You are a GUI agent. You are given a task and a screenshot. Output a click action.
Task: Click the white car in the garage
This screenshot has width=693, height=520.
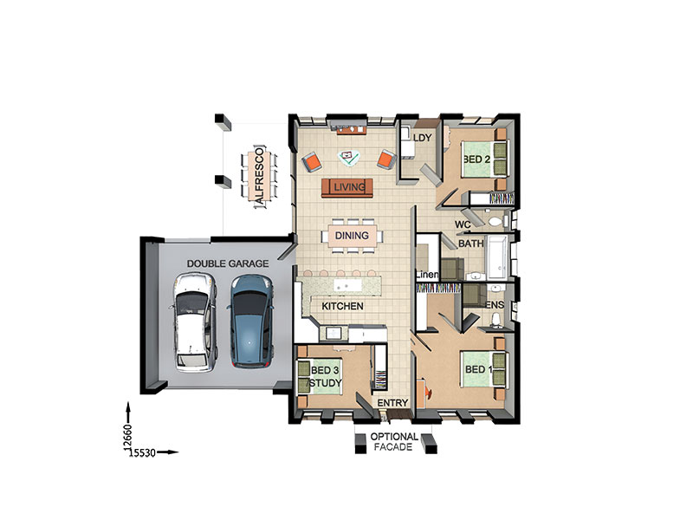click(195, 322)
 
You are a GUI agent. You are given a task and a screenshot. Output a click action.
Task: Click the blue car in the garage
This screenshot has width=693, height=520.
click(250, 322)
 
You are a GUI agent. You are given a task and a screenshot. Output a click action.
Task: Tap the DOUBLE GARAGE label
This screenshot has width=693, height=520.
click(228, 263)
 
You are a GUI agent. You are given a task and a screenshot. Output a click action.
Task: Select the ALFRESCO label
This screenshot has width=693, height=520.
click(259, 176)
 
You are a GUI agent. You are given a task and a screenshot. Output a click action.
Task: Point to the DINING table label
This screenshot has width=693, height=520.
click(352, 236)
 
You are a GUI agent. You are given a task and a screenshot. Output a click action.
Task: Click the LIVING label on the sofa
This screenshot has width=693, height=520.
click(349, 187)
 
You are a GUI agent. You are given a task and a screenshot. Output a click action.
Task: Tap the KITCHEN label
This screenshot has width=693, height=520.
click(342, 306)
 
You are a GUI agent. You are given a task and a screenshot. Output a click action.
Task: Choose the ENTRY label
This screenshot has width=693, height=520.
click(392, 403)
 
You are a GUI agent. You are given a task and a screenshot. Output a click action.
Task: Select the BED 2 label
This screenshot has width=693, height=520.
click(476, 159)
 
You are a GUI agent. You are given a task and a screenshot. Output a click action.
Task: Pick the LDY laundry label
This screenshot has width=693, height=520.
click(422, 138)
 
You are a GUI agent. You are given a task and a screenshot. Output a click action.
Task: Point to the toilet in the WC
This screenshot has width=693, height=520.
click(495, 221)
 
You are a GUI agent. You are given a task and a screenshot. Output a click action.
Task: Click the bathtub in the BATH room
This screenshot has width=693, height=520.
click(497, 258)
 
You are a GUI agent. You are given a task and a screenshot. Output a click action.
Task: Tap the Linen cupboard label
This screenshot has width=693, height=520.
click(427, 275)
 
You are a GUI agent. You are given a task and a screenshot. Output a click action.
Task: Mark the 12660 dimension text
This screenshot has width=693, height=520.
click(127, 438)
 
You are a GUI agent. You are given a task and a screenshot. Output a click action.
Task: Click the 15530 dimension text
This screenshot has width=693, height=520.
click(142, 452)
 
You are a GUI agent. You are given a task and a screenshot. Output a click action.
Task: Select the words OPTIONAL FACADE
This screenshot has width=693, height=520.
click(394, 442)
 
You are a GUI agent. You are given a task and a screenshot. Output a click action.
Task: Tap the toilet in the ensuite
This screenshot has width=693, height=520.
click(496, 319)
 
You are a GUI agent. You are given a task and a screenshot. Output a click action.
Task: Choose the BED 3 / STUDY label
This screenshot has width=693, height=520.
click(325, 376)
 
